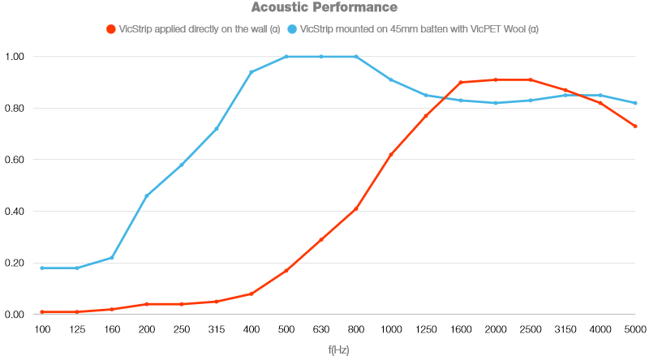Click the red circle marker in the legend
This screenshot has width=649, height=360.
click(x=111, y=29)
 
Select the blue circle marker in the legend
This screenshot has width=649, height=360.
click(x=292, y=29)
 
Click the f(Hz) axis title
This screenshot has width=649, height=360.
click(x=338, y=350)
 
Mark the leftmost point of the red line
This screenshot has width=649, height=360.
click(x=41, y=311)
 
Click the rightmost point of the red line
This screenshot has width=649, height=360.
click(x=635, y=126)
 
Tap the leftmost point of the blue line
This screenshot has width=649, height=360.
click(x=41, y=268)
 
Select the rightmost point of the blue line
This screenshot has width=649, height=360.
click(x=635, y=103)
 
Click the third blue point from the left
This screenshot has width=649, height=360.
click(x=112, y=258)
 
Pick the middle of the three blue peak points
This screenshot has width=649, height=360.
click(x=321, y=57)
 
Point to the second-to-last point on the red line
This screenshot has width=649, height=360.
click(x=600, y=103)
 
